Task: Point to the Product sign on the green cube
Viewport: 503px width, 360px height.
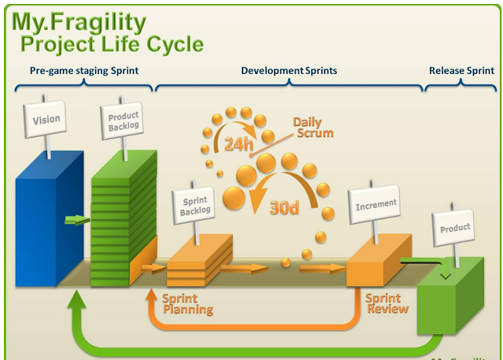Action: (x=454, y=229)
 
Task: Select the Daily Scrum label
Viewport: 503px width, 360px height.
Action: (x=313, y=127)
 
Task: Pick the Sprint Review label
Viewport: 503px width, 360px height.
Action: (x=387, y=303)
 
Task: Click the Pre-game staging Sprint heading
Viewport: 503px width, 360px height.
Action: (x=84, y=71)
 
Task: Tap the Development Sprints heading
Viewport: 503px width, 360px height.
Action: (x=288, y=71)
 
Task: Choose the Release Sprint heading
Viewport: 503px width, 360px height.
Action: (x=461, y=71)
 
